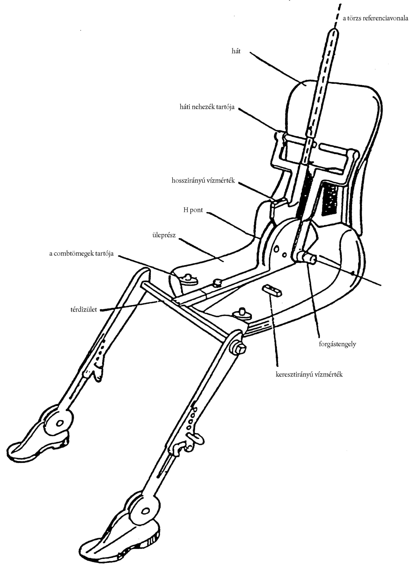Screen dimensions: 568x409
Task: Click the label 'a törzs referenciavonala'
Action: [375, 18]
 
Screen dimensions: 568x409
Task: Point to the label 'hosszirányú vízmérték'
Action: [203, 181]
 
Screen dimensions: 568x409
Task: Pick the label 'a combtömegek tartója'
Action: [81, 254]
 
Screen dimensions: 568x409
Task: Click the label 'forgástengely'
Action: [337, 344]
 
